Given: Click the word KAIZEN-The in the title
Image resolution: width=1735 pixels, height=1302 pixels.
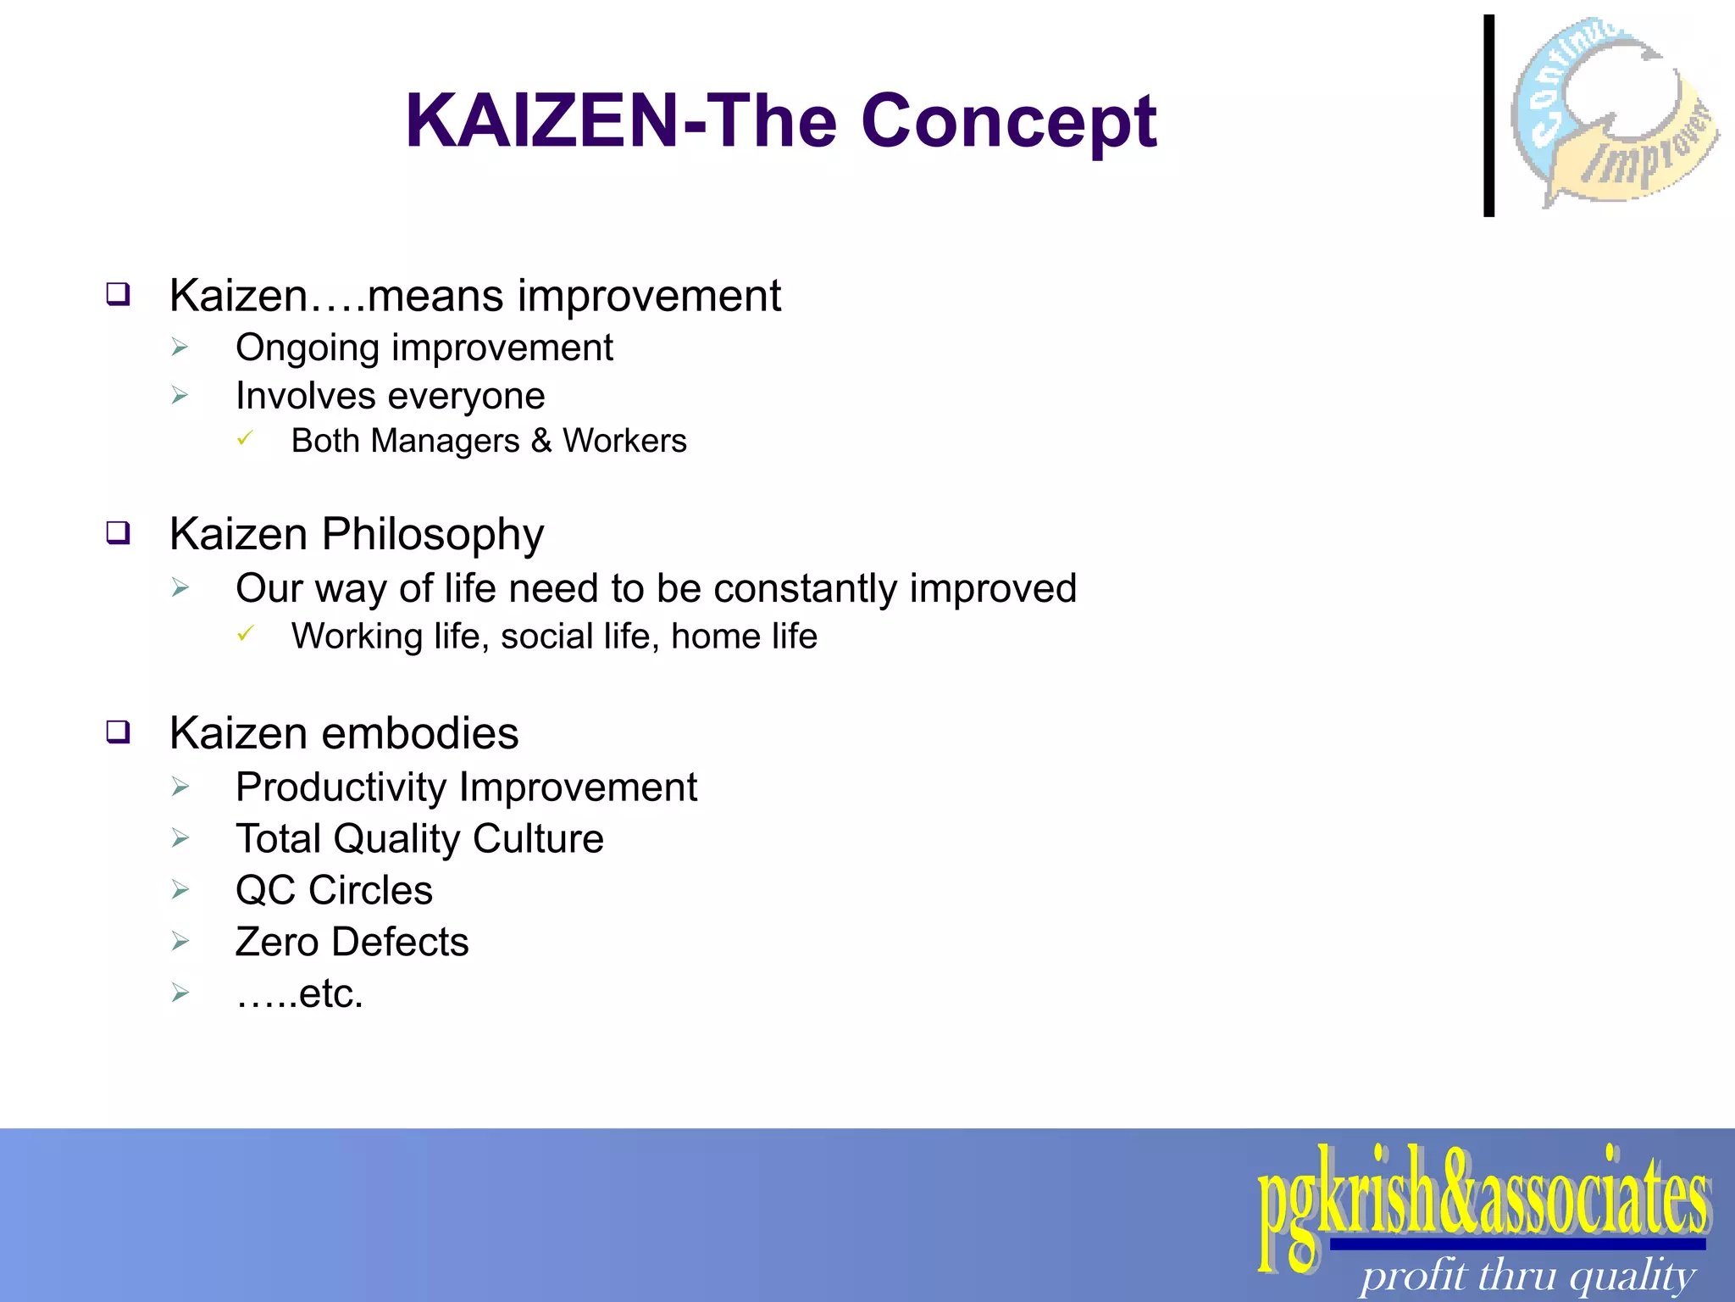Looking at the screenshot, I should point(623,121).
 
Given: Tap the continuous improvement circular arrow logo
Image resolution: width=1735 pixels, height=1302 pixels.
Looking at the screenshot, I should point(1614,112).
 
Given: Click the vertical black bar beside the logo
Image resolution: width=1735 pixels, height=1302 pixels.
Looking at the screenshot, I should point(1488,116).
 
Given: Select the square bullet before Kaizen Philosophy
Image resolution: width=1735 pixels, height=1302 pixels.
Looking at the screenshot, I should point(118,533).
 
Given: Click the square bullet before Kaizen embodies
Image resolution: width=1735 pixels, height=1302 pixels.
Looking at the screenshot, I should point(118,732).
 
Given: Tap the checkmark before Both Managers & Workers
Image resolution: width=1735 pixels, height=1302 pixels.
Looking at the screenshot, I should point(245,439).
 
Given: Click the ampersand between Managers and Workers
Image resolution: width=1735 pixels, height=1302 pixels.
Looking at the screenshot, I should point(541,441).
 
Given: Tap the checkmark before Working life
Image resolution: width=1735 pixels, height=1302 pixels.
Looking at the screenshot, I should point(245,634).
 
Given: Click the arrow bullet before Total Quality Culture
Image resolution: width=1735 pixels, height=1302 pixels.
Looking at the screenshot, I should point(180,838).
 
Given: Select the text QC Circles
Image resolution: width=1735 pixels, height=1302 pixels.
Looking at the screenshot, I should point(334,891).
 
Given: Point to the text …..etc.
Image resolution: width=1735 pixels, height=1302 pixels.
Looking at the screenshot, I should point(299,993).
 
